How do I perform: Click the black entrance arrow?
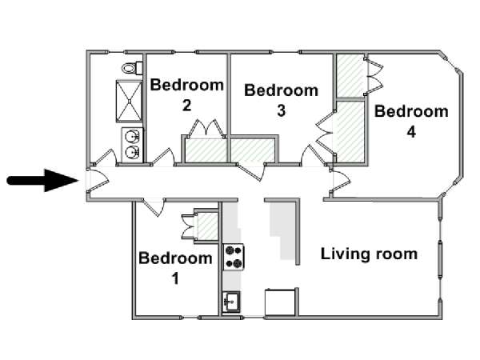[x=42, y=181]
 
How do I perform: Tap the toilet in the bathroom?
[x=132, y=68]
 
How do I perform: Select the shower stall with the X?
[x=129, y=102]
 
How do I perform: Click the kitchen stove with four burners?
[x=234, y=257]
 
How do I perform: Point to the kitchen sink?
[x=231, y=302]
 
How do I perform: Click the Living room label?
[x=369, y=254]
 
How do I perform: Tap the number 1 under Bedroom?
[x=175, y=278]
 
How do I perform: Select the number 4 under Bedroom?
[x=411, y=132]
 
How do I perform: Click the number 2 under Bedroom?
[x=186, y=106]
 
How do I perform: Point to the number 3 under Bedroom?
[x=282, y=110]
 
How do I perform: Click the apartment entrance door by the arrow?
[x=98, y=181]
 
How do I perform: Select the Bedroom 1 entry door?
[x=154, y=207]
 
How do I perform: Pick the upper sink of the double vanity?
[x=133, y=136]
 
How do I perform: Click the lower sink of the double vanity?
[x=133, y=152]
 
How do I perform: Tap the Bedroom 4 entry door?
[x=339, y=182]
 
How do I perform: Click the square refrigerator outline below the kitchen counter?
[x=280, y=302]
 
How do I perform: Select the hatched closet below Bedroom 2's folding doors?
[x=206, y=150]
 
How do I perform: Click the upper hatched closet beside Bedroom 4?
[x=350, y=76]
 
